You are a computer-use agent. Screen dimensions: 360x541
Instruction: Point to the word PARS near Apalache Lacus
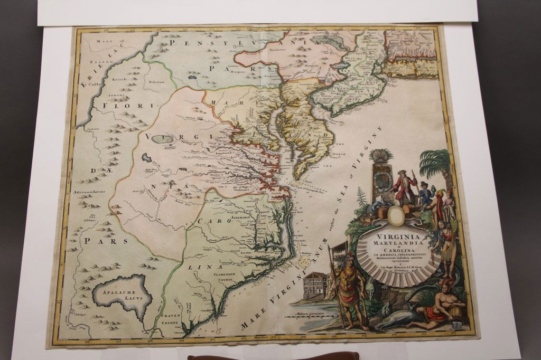(104, 241)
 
